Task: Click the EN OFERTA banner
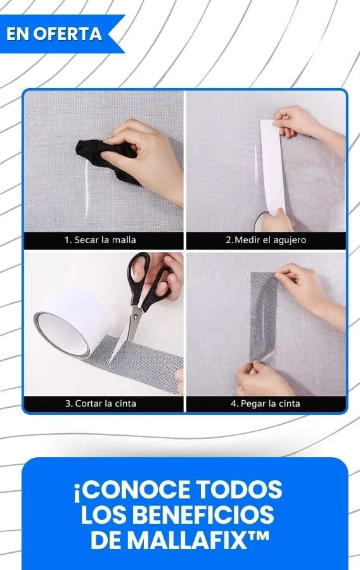pyautogui.click(x=58, y=34)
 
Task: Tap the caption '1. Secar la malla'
pyautogui.click(x=100, y=240)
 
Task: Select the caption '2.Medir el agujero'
pyautogui.click(x=266, y=240)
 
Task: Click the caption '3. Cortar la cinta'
pyautogui.click(x=101, y=403)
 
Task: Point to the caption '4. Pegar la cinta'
pyautogui.click(x=266, y=403)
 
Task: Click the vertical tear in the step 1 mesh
pyautogui.click(x=87, y=189)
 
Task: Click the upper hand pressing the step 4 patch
pyautogui.click(x=309, y=291)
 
